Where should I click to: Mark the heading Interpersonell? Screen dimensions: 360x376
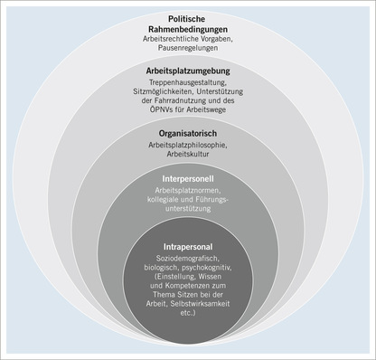tap(187, 178)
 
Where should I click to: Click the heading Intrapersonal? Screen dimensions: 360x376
tap(187, 245)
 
